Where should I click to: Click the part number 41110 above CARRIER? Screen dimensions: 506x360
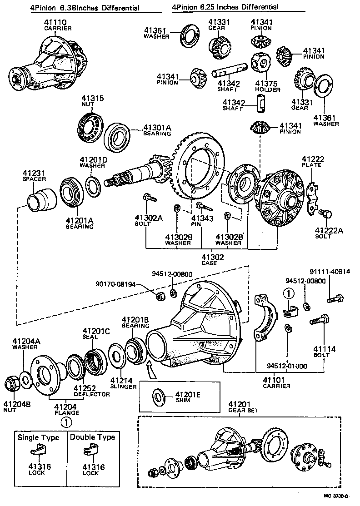click(x=55, y=22)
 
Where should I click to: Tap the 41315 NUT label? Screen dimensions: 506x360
click(x=92, y=101)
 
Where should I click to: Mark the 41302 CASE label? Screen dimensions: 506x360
click(x=210, y=259)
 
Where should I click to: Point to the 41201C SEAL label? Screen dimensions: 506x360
click(x=96, y=334)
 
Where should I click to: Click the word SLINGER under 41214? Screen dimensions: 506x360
click(x=123, y=387)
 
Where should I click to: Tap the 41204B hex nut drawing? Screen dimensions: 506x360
click(x=12, y=384)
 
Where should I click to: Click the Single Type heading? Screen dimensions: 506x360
click(x=38, y=437)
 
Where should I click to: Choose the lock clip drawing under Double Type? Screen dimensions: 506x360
click(x=89, y=451)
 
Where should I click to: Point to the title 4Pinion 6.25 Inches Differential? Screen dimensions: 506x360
click(x=225, y=7)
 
